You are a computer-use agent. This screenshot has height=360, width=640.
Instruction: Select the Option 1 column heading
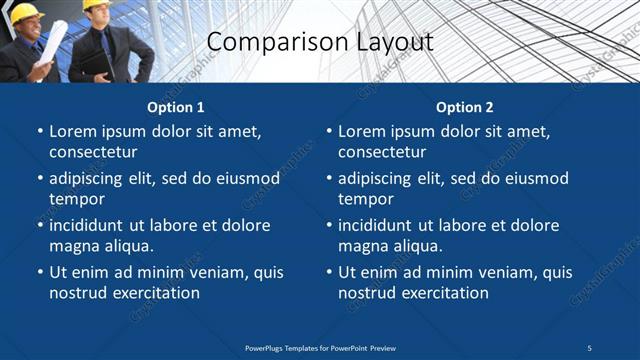(x=176, y=107)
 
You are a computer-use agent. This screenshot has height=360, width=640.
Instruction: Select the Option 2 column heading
(x=465, y=107)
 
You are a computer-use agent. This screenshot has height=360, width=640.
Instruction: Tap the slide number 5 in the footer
(x=589, y=347)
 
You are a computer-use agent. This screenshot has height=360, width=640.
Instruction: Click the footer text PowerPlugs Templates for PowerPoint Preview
(x=320, y=347)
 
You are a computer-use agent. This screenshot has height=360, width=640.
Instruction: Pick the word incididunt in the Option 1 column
(x=92, y=226)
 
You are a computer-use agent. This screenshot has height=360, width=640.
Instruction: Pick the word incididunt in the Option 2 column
(x=381, y=226)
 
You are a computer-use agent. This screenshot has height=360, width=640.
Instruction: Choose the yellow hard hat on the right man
(x=96, y=5)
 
